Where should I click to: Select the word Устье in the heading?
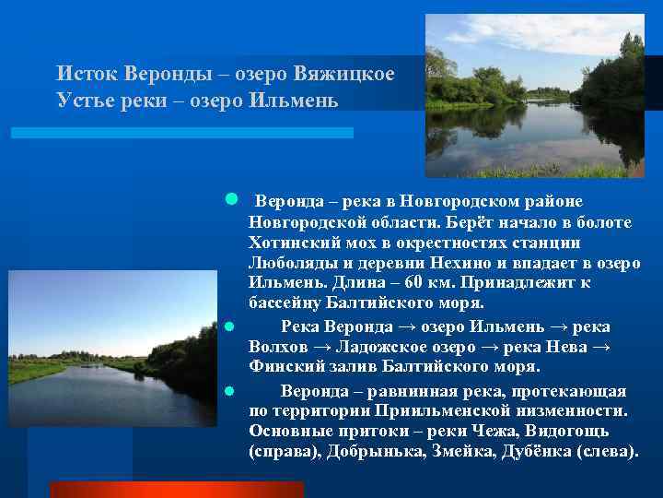(81, 98)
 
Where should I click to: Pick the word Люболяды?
(292, 263)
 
